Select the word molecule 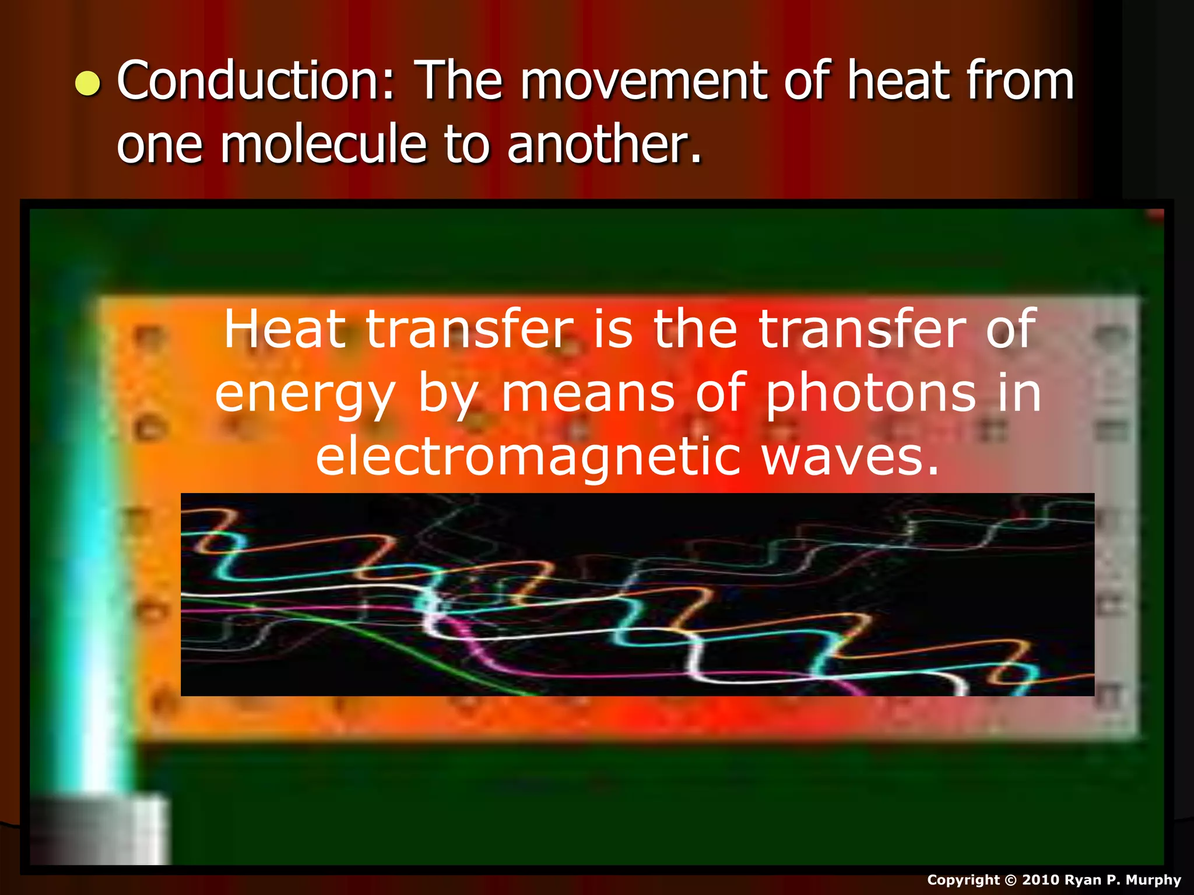[324, 144]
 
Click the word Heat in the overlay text [285, 329]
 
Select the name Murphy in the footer [1154, 880]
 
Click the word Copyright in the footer [963, 880]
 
